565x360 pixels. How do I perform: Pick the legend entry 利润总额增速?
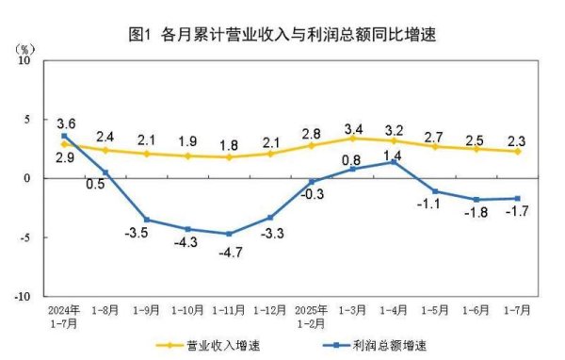[376, 345]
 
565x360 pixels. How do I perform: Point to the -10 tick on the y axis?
[23, 295]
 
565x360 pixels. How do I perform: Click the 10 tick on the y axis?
[25, 59]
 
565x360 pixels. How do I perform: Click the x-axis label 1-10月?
[188, 309]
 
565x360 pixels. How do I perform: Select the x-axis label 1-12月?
[270, 309]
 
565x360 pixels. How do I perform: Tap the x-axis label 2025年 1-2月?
[312, 315]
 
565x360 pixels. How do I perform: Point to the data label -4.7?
[229, 252]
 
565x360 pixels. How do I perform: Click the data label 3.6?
[66, 123]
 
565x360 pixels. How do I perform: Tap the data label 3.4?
[353, 127]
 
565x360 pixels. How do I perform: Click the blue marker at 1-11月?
[229, 234]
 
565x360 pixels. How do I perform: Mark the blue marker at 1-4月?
[393, 162]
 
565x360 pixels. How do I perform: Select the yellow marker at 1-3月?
[352, 139]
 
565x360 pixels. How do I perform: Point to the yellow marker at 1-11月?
[229, 156]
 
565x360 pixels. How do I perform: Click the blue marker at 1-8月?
[105, 172]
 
